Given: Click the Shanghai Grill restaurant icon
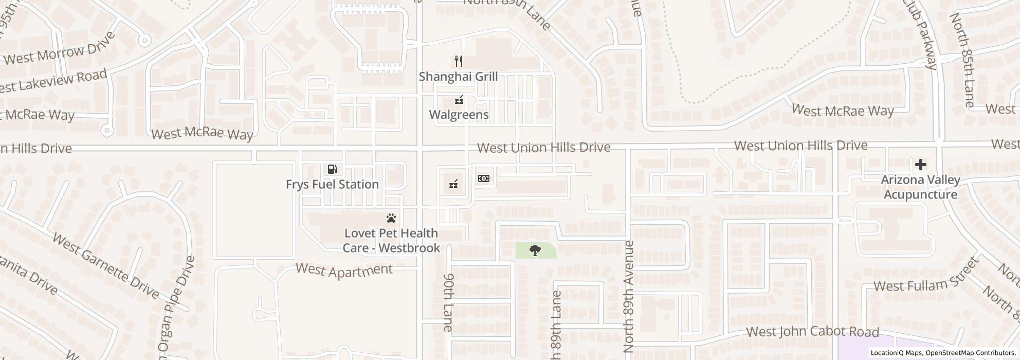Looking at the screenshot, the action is click(459, 62).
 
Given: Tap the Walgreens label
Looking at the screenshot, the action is click(459, 114).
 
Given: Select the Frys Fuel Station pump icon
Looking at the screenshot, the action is click(332, 169).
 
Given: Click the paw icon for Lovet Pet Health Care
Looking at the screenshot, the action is click(392, 219).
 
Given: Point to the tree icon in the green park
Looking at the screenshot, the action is click(535, 251).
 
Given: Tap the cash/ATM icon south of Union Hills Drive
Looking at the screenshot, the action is click(483, 178).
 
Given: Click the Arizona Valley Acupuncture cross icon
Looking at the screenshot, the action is click(920, 165).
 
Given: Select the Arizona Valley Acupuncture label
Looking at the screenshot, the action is click(920, 187).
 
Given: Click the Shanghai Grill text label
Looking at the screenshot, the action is click(458, 77).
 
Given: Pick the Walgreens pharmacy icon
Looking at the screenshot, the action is click(459, 100).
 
